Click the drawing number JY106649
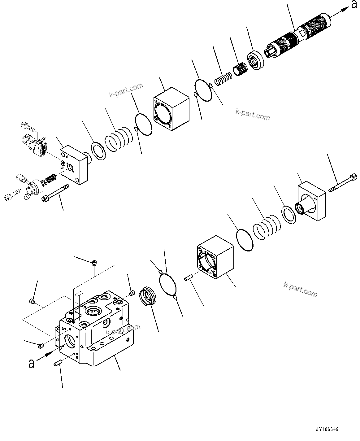pyautogui.click(x=327, y=429)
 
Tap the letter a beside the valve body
pyautogui.click(x=31, y=363)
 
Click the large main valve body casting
pyautogui.click(x=93, y=328)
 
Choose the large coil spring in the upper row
pyautogui.click(x=119, y=139)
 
